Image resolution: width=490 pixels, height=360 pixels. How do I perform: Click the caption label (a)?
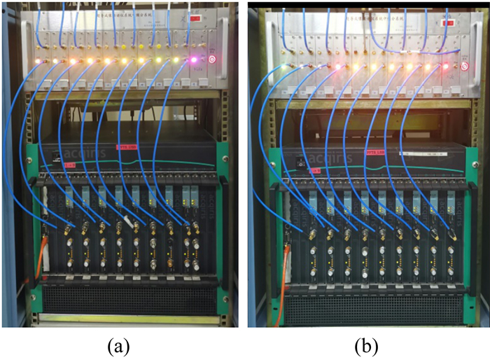[118, 345]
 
